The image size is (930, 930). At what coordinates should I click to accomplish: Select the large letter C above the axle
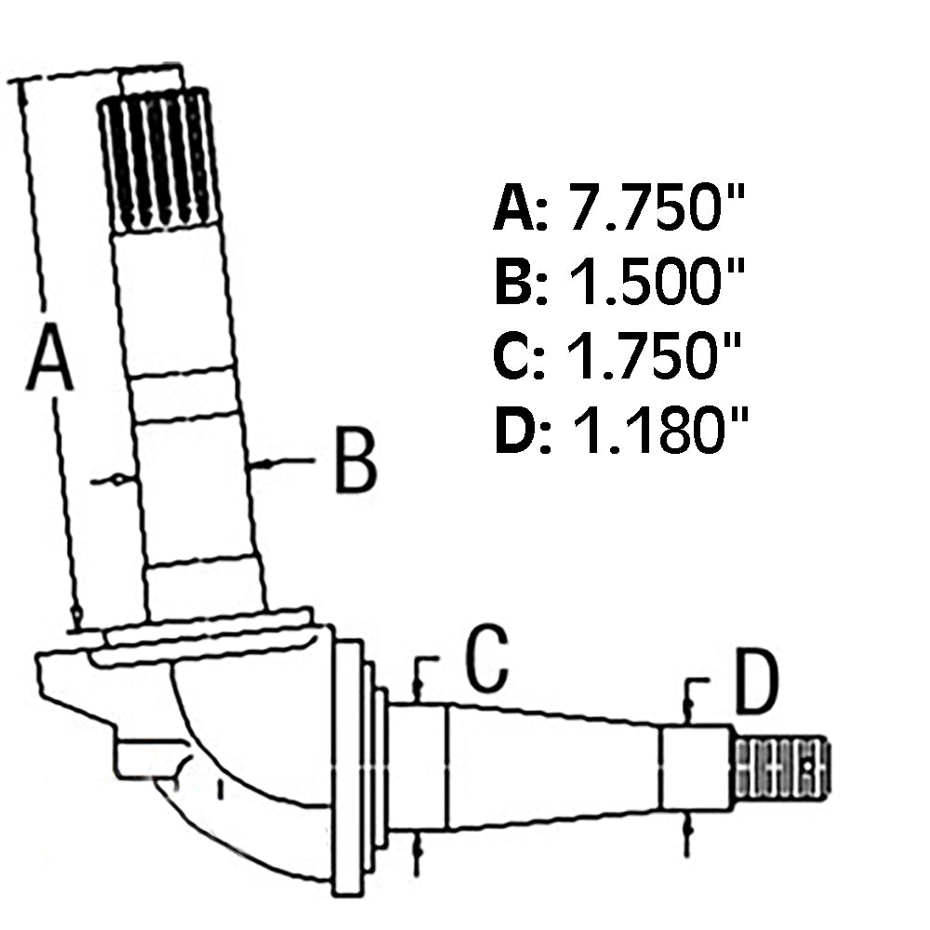click(x=487, y=658)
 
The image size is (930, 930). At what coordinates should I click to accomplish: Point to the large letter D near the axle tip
click(x=756, y=681)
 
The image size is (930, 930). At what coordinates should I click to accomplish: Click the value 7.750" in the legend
click(x=656, y=207)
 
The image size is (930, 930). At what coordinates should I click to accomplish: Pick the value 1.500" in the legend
click(x=656, y=281)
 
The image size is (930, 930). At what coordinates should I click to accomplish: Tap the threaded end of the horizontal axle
click(x=782, y=767)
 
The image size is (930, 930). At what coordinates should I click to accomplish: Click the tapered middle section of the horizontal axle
click(x=554, y=766)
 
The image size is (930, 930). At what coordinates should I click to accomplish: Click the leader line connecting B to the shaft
click(x=283, y=461)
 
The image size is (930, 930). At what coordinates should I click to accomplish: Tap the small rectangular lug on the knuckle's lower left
click(x=148, y=757)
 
